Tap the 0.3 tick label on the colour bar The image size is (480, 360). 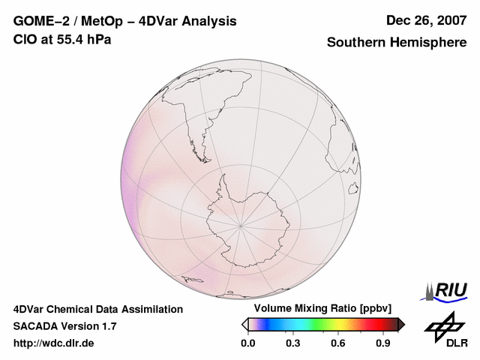[x=293, y=343]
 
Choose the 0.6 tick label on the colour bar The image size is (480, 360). [x=338, y=343]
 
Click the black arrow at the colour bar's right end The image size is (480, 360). [x=401, y=324]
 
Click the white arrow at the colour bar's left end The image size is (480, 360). [x=244, y=324]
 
